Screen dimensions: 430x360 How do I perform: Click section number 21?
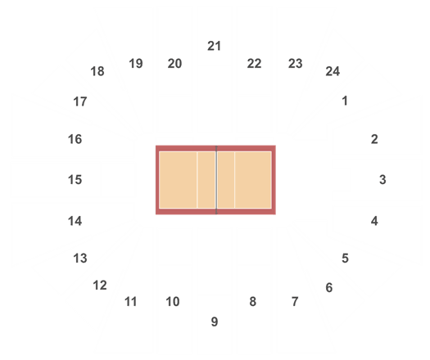[x=214, y=46]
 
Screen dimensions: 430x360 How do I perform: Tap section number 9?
[x=215, y=322]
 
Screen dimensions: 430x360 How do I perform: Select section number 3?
[x=382, y=180]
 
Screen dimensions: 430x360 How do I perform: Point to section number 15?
[x=75, y=180]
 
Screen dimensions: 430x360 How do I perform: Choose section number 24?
[x=333, y=71]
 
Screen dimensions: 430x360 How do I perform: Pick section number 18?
[x=97, y=71]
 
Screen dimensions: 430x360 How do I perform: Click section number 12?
[x=100, y=286]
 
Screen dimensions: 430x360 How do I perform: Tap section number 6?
[x=329, y=288]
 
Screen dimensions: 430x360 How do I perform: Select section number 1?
[x=345, y=101]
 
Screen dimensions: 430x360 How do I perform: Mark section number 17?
[x=80, y=102]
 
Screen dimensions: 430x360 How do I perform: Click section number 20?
[x=174, y=64]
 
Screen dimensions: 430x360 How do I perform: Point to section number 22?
[x=254, y=64]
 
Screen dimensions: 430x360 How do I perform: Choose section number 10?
[x=173, y=302]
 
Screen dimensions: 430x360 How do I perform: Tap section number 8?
[x=253, y=302]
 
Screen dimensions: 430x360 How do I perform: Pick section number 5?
[x=346, y=259]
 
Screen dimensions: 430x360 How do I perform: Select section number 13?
[x=80, y=259]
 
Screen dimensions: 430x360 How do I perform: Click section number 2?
[x=374, y=139]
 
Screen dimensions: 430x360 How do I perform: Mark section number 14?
[x=75, y=221]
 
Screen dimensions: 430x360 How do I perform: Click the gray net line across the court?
[x=216, y=180]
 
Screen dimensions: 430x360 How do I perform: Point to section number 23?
[x=296, y=64]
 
